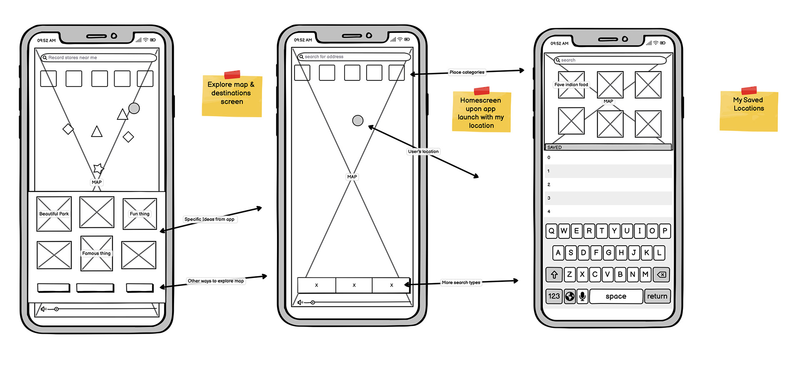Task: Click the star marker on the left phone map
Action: pos(98,168)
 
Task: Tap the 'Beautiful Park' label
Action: pos(54,214)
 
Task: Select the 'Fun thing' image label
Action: pos(140,214)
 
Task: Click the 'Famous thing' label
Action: pos(96,253)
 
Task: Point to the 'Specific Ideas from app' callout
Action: pos(210,219)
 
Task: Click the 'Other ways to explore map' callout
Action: pos(216,281)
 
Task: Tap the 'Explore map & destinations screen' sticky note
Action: pos(232,94)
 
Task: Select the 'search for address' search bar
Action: pos(354,57)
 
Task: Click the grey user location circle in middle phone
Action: pos(358,121)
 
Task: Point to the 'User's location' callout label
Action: pos(423,152)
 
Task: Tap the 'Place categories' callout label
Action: pos(467,72)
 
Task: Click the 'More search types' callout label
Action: pos(461,283)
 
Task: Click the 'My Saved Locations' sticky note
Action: pos(749,109)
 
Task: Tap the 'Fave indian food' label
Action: pos(571,85)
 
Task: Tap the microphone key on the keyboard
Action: pos(582,296)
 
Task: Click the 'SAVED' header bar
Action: pos(608,147)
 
